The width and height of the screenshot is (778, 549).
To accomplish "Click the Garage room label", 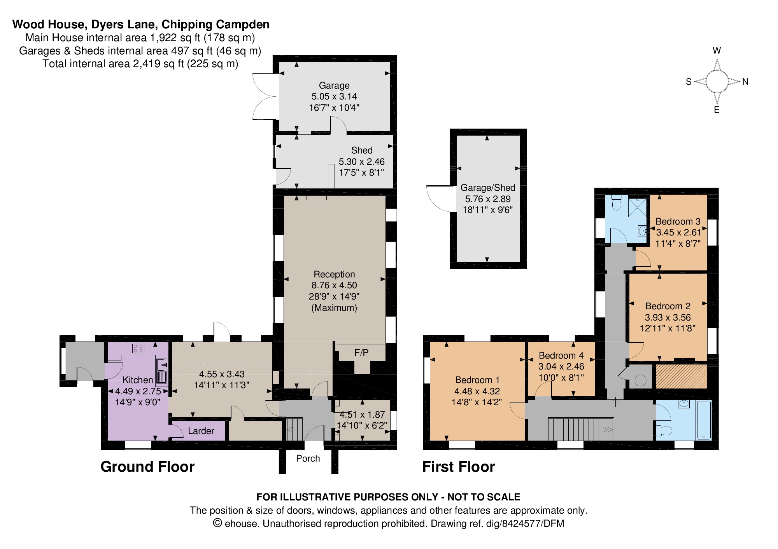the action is (x=334, y=85).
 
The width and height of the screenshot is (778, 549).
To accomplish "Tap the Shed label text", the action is (x=362, y=150).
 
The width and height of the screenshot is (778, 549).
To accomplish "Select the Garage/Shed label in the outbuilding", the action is (x=488, y=188).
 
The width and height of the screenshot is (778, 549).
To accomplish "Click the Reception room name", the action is (x=334, y=274).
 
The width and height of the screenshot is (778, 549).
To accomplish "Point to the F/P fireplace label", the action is (x=361, y=353).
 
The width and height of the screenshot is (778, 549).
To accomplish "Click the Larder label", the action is (x=201, y=431).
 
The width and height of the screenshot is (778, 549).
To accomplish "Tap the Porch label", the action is (x=308, y=458).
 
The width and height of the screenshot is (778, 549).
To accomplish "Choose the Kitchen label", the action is (x=138, y=380).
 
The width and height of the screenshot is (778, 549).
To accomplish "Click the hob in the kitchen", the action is (x=138, y=348).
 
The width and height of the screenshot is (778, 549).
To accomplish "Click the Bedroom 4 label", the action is (x=561, y=356).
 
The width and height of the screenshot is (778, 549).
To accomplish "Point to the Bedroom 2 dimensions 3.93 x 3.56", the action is (x=668, y=317).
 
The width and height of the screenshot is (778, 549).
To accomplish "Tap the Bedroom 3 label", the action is (x=678, y=221).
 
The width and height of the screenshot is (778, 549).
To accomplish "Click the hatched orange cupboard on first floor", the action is (x=681, y=376).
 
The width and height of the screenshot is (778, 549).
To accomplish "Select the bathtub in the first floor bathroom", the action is (x=704, y=420).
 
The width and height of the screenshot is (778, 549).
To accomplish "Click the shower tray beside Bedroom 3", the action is (x=638, y=207).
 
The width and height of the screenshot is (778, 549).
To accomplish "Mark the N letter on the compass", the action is (x=745, y=82).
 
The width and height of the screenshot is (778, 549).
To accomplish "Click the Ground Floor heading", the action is (x=147, y=467).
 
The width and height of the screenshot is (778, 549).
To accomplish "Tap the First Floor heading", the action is (x=459, y=467).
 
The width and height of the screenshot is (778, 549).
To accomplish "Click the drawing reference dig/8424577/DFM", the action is (x=525, y=524).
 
